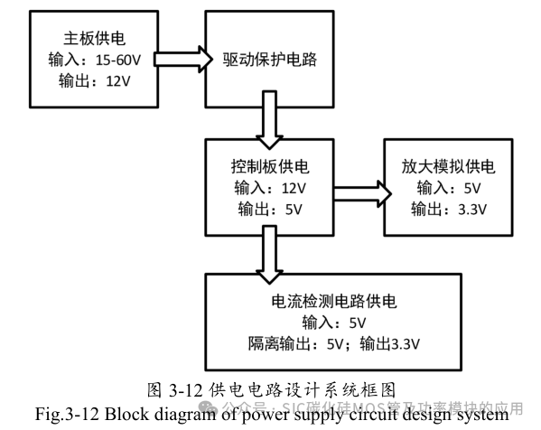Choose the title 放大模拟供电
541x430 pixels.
449,168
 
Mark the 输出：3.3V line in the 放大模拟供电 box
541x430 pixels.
449,210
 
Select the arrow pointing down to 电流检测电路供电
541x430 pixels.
269,249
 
